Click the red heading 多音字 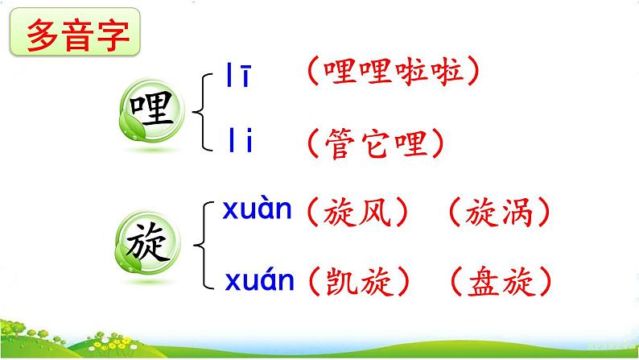(x=78, y=35)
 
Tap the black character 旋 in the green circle (x=147, y=242)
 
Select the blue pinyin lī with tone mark (x=238, y=75)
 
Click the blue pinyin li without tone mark (x=241, y=140)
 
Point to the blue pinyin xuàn (x=258, y=209)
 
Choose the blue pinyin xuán (x=259, y=279)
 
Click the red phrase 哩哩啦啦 (x=394, y=72)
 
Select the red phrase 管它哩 (x=376, y=143)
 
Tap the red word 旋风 (x=357, y=213)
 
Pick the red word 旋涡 (x=499, y=213)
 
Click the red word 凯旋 (x=361, y=281)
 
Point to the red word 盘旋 (x=501, y=281)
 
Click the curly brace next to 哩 (x=203, y=112)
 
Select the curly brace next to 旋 (x=204, y=245)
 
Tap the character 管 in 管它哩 (x=339, y=143)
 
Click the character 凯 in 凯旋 (x=341, y=281)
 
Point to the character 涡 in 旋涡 (x=517, y=213)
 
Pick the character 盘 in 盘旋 (x=484, y=281)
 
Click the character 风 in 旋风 (x=375, y=213)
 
